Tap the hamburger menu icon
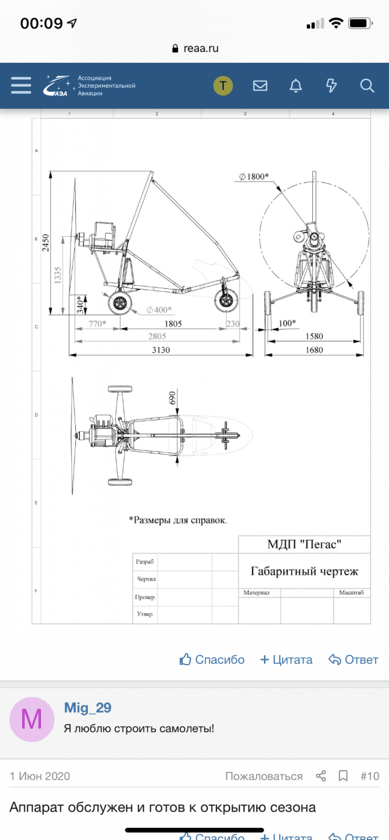pos(21,86)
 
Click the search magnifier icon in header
pos(367,86)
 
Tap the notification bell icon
pos(296,86)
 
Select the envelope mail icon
pos(260,86)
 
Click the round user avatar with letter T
pos(223,86)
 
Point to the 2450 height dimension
pos(46,243)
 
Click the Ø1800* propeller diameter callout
pos(254,177)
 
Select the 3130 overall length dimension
pos(161,350)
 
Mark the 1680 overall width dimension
pos(314,350)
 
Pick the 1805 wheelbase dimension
pos(173,324)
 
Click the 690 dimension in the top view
pos(172,398)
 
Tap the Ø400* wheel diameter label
pos(159,310)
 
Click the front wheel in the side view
pos(226,301)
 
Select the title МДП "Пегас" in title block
pos(304,544)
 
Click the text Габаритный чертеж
pos(304,571)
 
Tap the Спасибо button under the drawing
pos(212,660)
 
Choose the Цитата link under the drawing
pos(286,660)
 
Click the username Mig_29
pos(87,708)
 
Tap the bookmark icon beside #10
pos(343,776)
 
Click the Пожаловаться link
pos(264,776)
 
